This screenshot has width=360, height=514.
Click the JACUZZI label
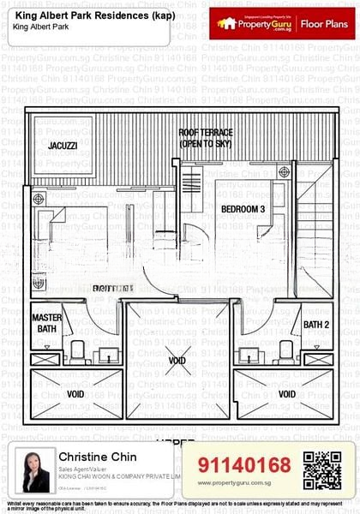click(63, 146)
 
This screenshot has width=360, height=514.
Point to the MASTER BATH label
click(47, 323)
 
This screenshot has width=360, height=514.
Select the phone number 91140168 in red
click(244, 465)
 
